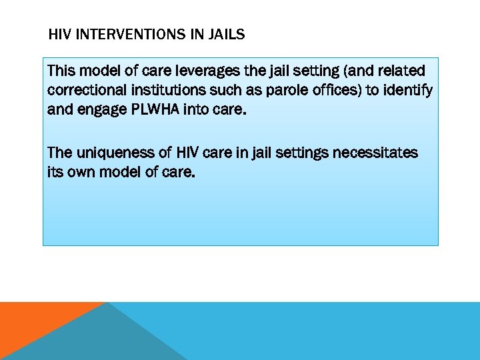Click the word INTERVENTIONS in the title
pos(133,34)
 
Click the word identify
pos(407,90)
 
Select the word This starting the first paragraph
pos(61,71)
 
